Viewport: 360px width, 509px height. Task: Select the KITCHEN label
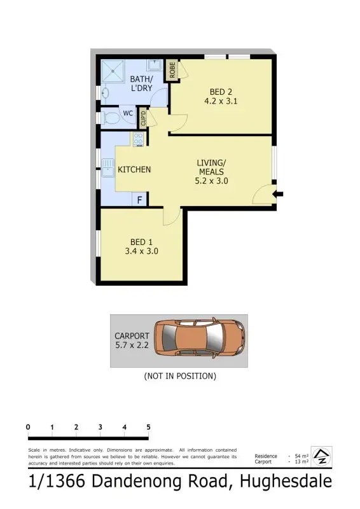[134, 169]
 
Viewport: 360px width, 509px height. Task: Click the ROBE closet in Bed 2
[172, 70]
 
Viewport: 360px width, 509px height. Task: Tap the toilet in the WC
[111, 117]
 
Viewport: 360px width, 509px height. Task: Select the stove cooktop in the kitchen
[138, 139]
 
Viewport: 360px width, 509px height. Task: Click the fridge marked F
[140, 200]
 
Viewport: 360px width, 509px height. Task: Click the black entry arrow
[279, 194]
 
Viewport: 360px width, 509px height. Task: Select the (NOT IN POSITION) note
[180, 376]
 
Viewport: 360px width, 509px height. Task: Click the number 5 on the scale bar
[148, 427]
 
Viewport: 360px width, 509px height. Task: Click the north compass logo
[322, 456]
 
